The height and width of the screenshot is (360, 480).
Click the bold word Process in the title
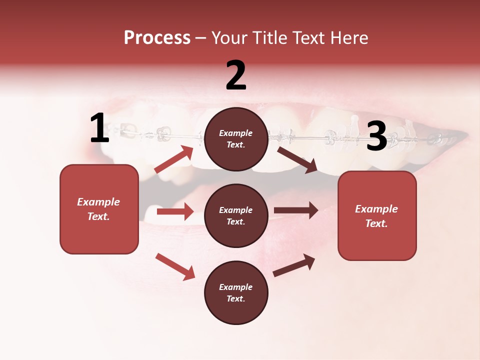pos(157,38)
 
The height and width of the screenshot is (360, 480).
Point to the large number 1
pos(99,129)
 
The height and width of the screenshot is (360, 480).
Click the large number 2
pos(236,75)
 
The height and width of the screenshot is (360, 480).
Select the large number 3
pos(377,136)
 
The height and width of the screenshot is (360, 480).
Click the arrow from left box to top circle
pos(174,159)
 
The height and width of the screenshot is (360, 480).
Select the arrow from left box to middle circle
pos(175,211)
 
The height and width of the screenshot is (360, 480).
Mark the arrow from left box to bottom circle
pos(175,266)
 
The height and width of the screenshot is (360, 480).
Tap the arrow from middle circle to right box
pos(296,210)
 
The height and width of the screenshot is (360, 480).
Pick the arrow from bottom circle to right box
pos(294,265)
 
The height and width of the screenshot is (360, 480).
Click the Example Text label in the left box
pos(99,209)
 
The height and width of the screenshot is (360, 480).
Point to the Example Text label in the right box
pos(377,216)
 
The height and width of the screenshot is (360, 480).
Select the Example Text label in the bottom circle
pos(236,293)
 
